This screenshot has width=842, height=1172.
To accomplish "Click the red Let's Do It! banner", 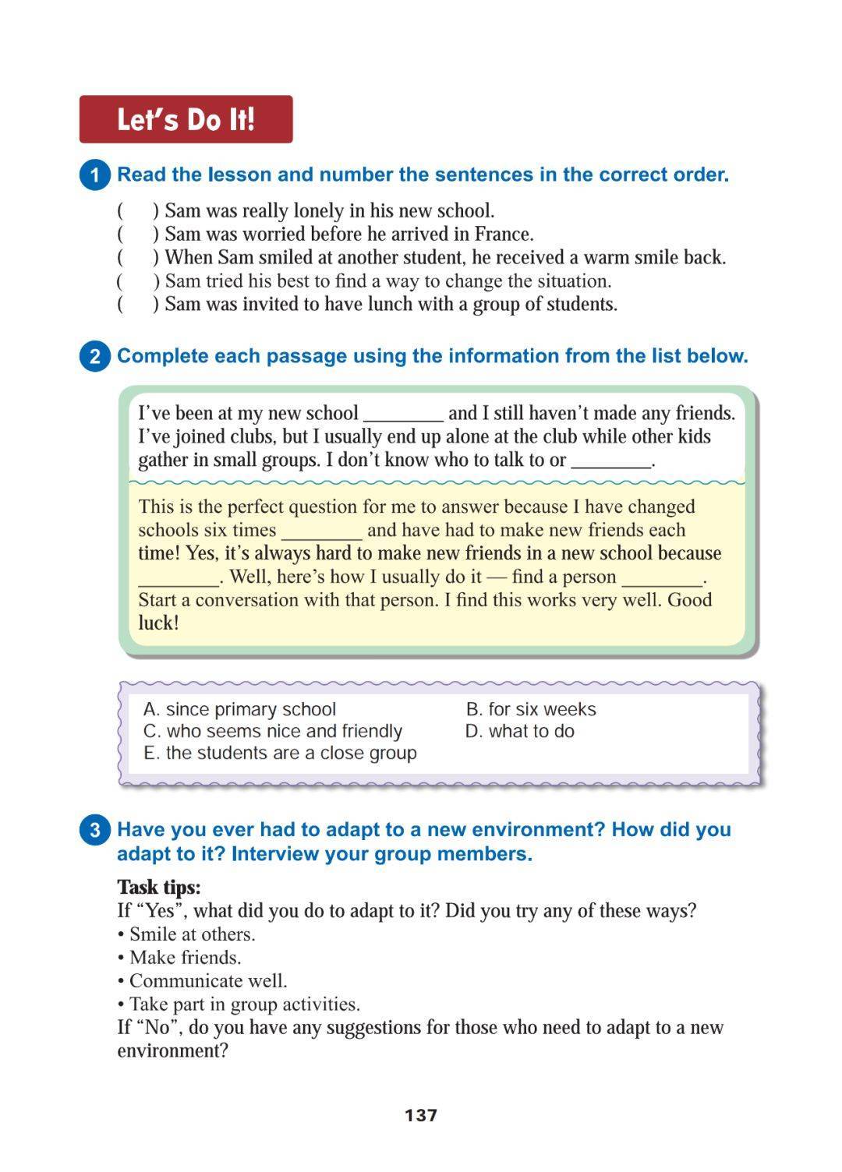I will click(186, 119).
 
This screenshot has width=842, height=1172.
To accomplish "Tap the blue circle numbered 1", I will click(95, 175).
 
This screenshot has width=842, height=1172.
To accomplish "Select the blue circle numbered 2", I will click(95, 356).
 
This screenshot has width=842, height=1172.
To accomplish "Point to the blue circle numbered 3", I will click(95, 830).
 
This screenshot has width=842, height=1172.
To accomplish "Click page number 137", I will click(421, 1115).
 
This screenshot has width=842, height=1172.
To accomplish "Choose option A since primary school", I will click(239, 709).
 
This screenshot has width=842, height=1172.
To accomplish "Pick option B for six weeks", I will click(530, 709).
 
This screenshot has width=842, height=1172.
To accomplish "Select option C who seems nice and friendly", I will click(273, 731).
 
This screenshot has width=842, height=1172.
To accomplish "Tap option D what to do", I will click(519, 731).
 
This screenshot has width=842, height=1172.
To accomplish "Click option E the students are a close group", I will click(280, 753).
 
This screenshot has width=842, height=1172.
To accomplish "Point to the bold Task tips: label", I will click(158, 887).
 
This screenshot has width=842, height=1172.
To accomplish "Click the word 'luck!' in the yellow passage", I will click(158, 623).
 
